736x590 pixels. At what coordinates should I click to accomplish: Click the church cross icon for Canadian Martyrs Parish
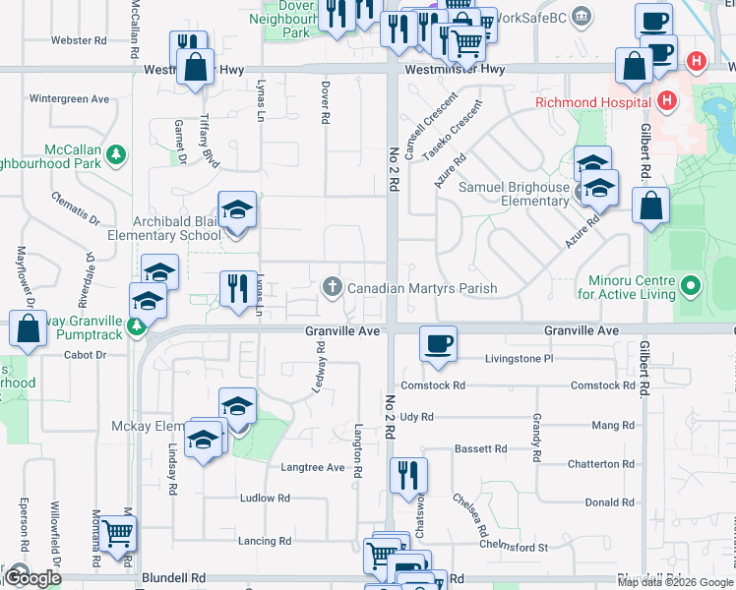(x=333, y=287)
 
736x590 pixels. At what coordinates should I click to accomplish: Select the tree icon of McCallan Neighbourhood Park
(x=116, y=154)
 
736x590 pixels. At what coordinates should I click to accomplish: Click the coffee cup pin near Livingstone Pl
(x=438, y=344)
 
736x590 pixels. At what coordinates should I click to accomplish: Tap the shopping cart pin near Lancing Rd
(x=118, y=534)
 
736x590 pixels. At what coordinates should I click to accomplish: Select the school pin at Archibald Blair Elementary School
(x=237, y=210)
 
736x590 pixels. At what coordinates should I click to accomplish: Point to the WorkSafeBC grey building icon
(x=583, y=17)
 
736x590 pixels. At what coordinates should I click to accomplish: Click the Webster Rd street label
(x=79, y=41)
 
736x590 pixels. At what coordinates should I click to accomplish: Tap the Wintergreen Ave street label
(x=69, y=99)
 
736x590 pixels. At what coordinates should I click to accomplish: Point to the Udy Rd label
(x=416, y=417)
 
